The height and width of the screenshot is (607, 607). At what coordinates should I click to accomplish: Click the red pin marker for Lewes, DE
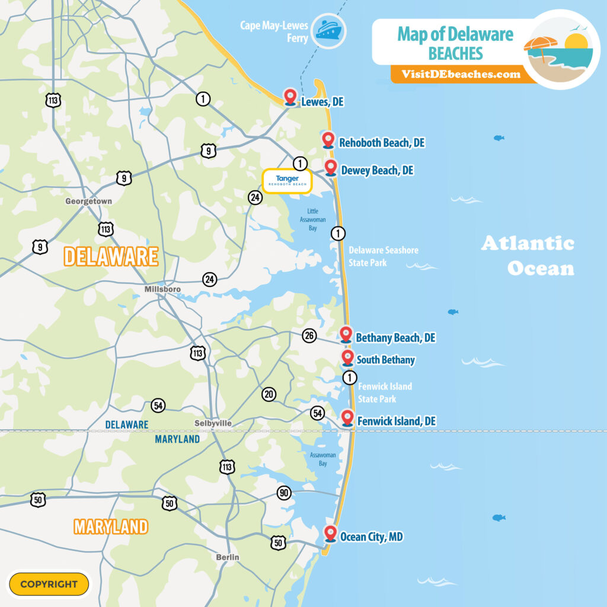pos(290,96)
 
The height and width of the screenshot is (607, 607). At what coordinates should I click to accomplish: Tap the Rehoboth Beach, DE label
pos(382,143)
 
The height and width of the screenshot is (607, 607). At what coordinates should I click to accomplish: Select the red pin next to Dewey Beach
pos(331,168)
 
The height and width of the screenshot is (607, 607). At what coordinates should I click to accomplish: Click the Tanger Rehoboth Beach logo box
pos(287,180)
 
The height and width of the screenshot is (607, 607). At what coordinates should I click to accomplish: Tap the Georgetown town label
pos(88,202)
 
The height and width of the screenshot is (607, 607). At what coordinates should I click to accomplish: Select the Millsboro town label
pos(162,289)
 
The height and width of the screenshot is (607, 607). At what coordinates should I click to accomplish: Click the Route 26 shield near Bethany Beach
pos(309,336)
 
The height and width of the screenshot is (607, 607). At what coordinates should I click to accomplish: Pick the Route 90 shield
pos(284,493)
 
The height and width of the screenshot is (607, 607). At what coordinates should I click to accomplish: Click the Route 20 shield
pos(269,394)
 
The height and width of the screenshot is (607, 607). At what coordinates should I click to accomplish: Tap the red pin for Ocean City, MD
pos(331,533)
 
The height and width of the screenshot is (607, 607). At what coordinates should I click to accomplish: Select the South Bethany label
pos(385,360)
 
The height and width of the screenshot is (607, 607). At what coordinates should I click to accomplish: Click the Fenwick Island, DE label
pos(396,421)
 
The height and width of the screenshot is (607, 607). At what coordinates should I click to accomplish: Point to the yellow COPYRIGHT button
pos(49,584)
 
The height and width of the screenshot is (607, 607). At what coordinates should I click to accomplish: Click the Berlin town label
pos(228,557)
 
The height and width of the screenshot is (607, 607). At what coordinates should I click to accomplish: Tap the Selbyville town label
pos(213,423)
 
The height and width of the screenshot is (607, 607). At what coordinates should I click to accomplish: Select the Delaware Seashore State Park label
pos(383,256)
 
